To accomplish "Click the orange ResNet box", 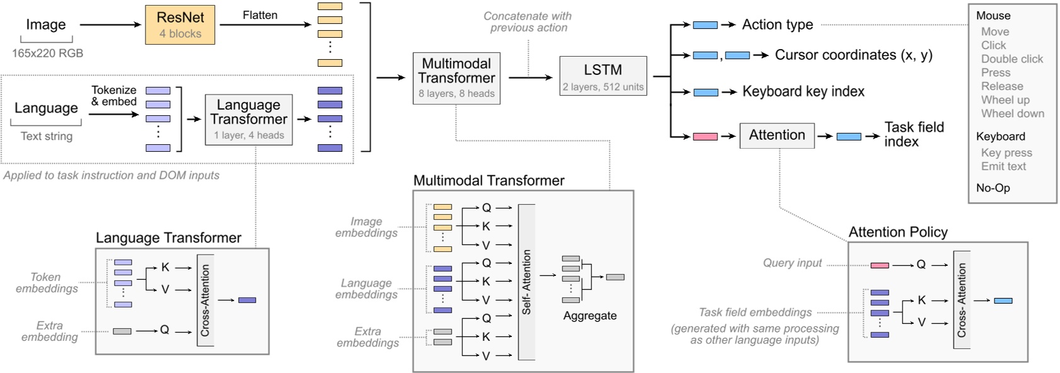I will click(x=180, y=25).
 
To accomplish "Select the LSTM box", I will click(x=603, y=76).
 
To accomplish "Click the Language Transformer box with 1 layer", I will click(x=248, y=119).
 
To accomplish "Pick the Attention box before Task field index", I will click(x=777, y=135).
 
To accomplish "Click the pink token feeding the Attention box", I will click(x=705, y=136).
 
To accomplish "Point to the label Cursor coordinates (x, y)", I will click(x=853, y=55).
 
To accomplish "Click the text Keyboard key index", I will click(x=803, y=91).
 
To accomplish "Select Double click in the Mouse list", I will click(x=1012, y=59).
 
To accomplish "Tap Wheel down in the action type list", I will click(x=1012, y=113).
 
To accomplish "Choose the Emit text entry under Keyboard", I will click(x=1003, y=166).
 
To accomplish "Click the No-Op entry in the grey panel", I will click(x=993, y=188).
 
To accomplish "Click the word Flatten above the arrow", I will click(x=259, y=15).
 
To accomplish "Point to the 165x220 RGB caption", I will click(x=47, y=53).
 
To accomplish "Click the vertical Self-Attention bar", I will click(x=527, y=282).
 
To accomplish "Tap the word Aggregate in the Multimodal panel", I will click(x=590, y=316).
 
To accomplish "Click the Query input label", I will click(x=792, y=263).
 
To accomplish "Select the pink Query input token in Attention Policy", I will click(x=879, y=265).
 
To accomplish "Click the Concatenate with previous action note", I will click(x=528, y=22).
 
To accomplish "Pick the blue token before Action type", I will click(x=705, y=25).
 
